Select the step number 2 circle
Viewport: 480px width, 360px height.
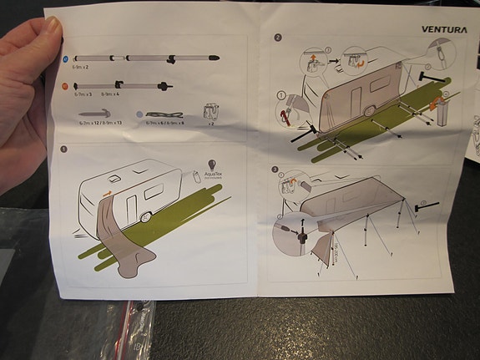pos(277,38)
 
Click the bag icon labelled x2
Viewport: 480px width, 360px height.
pos(210,112)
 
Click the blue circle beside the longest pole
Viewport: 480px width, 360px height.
pos(66,58)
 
